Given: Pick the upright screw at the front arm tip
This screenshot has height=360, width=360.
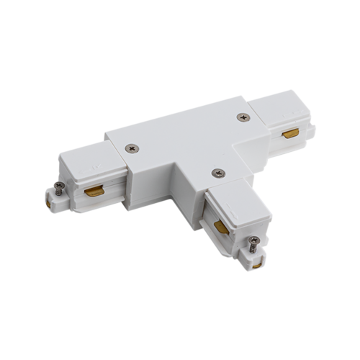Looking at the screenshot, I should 256,245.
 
